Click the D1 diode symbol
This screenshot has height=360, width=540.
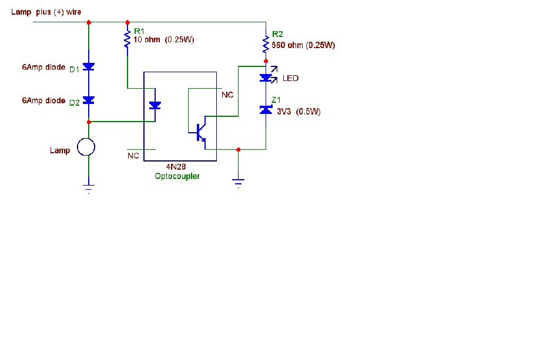89,66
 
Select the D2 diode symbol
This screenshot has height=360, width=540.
89,100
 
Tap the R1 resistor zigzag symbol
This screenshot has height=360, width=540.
128,39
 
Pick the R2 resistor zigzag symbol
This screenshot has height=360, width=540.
266,44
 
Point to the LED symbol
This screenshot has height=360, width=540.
268,76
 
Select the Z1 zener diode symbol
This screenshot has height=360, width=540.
266,110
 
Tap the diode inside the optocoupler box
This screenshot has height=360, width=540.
155,105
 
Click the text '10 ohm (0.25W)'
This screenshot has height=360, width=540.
164,39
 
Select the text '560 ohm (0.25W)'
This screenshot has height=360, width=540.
303,45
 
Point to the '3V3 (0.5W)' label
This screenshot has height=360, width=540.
298,112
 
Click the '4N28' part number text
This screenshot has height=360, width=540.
176,167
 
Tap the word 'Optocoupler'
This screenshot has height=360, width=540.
177,176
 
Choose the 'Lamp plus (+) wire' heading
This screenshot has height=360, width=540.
46,12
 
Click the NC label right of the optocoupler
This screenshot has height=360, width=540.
227,95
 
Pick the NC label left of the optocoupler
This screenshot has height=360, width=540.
133,156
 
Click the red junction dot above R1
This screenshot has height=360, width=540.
128,22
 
